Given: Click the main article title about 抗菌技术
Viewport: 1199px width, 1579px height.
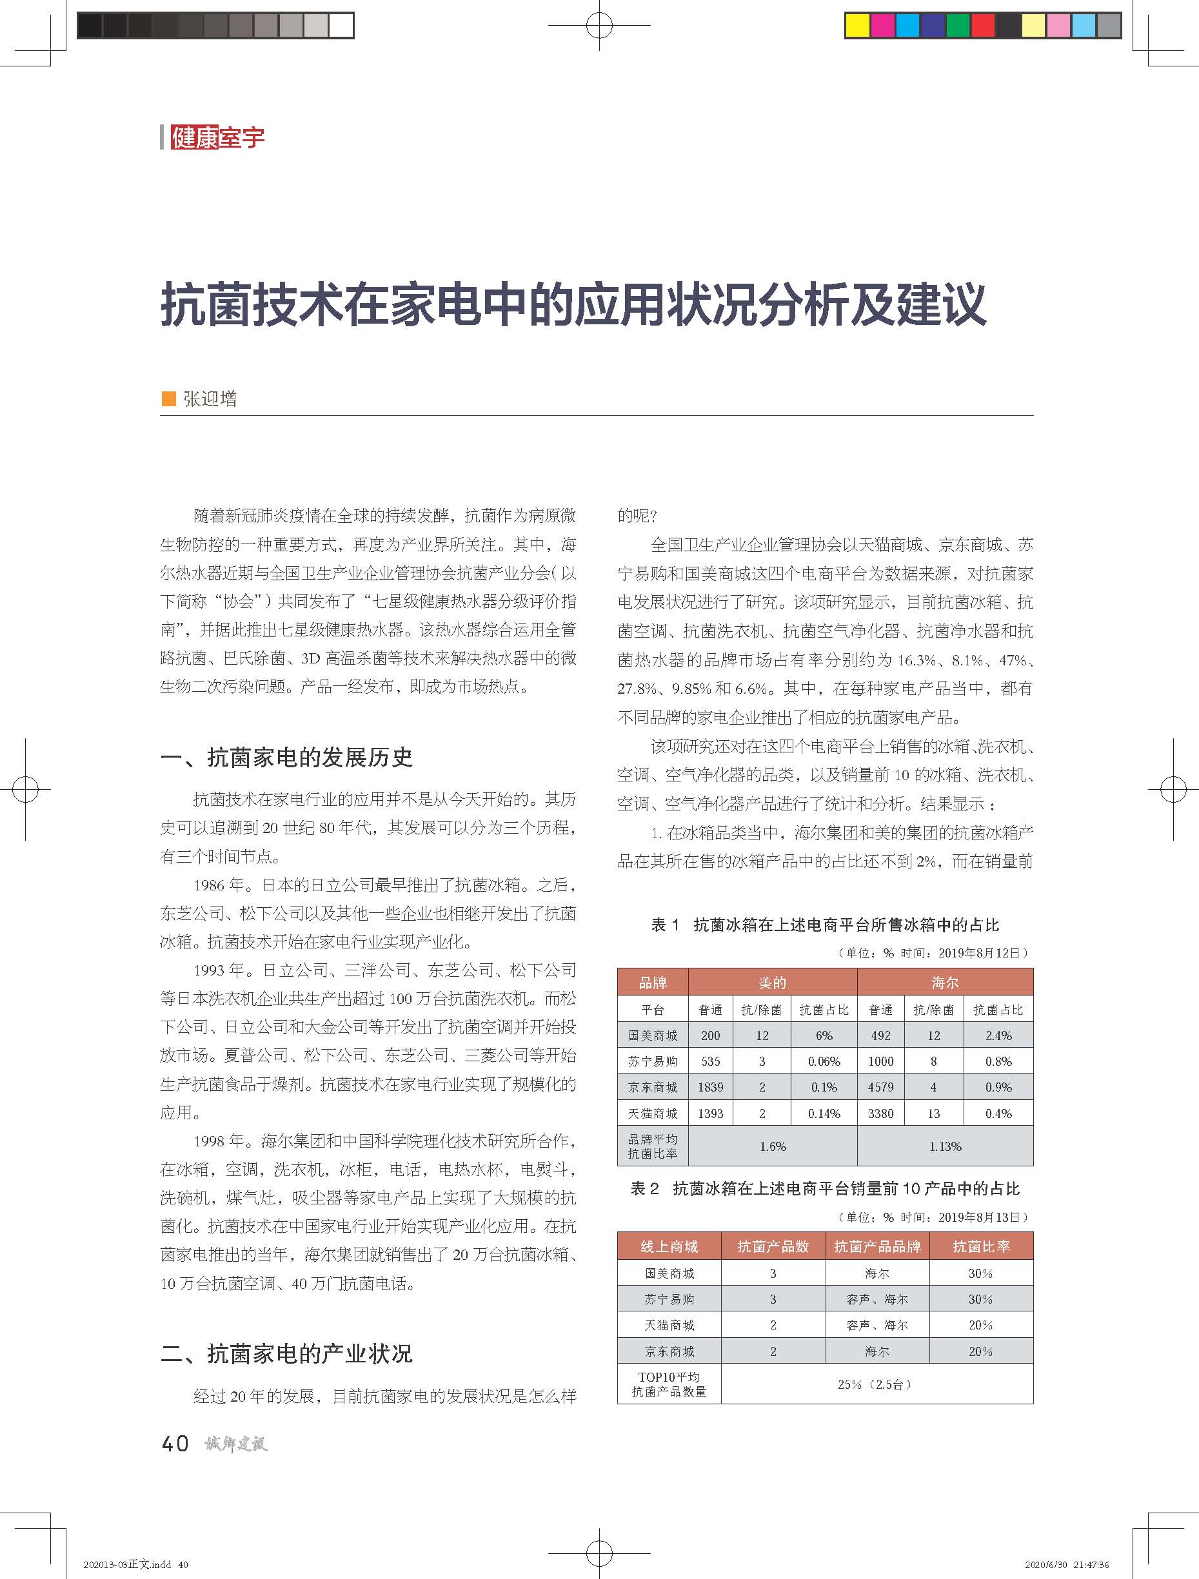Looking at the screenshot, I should pyautogui.click(x=573, y=305).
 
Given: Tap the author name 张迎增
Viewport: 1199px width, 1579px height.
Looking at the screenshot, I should pyautogui.click(x=210, y=398).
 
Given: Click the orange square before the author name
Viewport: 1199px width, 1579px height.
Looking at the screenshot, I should pyautogui.click(x=169, y=398).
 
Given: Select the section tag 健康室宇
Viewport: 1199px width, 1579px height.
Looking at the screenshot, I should pyautogui.click(x=217, y=137).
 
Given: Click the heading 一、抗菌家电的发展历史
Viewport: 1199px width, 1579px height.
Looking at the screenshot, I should pyautogui.click(x=287, y=758).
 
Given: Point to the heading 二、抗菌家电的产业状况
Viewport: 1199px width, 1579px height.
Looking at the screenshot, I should pyautogui.click(x=287, y=1353).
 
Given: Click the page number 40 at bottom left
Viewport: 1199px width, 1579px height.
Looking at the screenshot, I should pyautogui.click(x=175, y=1444).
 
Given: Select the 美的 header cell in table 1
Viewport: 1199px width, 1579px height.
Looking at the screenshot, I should pyautogui.click(x=772, y=983).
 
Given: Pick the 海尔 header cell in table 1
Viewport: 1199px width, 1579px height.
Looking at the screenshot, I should pyautogui.click(x=945, y=983).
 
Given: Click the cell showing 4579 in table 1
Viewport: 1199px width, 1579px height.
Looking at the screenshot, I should pyautogui.click(x=880, y=1087).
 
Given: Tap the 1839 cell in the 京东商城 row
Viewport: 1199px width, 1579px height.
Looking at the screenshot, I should pyautogui.click(x=711, y=1087).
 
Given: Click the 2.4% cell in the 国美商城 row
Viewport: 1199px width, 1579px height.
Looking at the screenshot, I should pyautogui.click(x=998, y=1035).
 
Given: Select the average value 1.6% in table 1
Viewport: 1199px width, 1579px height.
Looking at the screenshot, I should pyautogui.click(x=773, y=1146).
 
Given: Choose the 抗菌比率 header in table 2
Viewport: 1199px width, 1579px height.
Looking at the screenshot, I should pyautogui.click(x=981, y=1246).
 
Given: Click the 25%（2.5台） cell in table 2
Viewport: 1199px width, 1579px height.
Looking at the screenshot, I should pyautogui.click(x=877, y=1384).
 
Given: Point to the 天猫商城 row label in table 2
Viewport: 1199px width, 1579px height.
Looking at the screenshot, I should pyautogui.click(x=669, y=1325).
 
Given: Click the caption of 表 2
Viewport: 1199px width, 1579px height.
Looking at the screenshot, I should pyautogui.click(x=825, y=1188).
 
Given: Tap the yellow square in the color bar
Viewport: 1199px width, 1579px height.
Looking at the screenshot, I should pyautogui.click(x=857, y=26).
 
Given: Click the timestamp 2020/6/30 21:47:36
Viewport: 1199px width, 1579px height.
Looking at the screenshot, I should pyautogui.click(x=1067, y=1564).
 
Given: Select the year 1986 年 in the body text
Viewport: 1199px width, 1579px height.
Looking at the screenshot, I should pyautogui.click(x=219, y=885).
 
